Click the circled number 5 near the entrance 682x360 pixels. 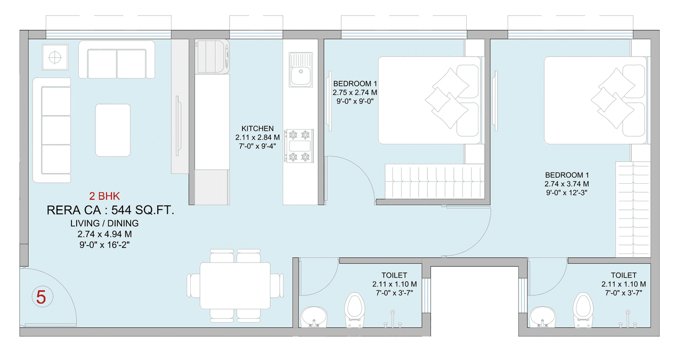tap(41, 297)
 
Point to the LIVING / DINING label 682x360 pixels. tap(104, 223)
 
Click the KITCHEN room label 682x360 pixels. tap(257, 128)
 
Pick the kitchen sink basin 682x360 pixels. tap(301, 70)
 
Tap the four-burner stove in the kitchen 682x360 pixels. tap(298, 145)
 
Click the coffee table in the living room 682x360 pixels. tap(112, 129)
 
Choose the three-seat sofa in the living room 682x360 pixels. tap(52, 130)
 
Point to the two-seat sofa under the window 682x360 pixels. tap(117, 60)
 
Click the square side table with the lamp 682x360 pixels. tap(55, 56)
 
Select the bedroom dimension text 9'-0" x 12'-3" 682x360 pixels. tap(566, 192)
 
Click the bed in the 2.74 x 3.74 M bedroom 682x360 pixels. tap(594, 100)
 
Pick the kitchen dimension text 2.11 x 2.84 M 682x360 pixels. tap(257, 137)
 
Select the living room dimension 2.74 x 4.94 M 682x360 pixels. tap(104, 234)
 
